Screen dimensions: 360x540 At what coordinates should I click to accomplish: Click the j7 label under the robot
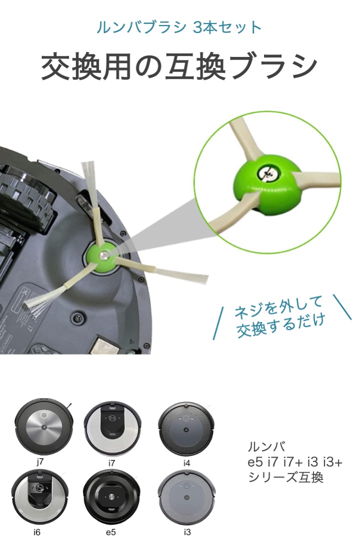click(40, 461)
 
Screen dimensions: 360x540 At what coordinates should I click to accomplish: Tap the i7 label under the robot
click(111, 463)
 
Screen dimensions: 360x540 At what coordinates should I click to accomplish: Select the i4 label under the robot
click(186, 463)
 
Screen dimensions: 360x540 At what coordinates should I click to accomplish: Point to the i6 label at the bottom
click(37, 532)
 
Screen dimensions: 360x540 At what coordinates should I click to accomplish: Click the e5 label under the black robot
click(111, 532)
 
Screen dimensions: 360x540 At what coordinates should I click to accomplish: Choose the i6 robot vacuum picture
click(40, 498)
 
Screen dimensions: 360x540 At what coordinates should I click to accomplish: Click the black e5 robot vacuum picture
click(112, 498)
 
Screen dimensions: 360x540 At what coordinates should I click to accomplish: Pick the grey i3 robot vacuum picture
click(186, 498)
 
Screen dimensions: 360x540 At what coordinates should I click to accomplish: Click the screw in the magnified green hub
click(267, 172)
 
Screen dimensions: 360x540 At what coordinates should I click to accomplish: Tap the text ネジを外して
click(277, 306)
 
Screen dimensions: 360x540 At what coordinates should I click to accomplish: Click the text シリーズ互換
click(285, 477)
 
